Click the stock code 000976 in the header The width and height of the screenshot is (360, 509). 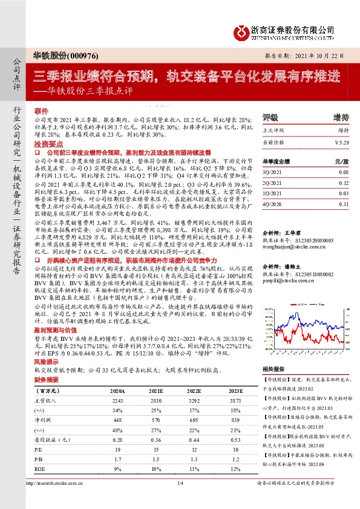point(82,54)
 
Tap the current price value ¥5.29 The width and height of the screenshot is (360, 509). point(342,143)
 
